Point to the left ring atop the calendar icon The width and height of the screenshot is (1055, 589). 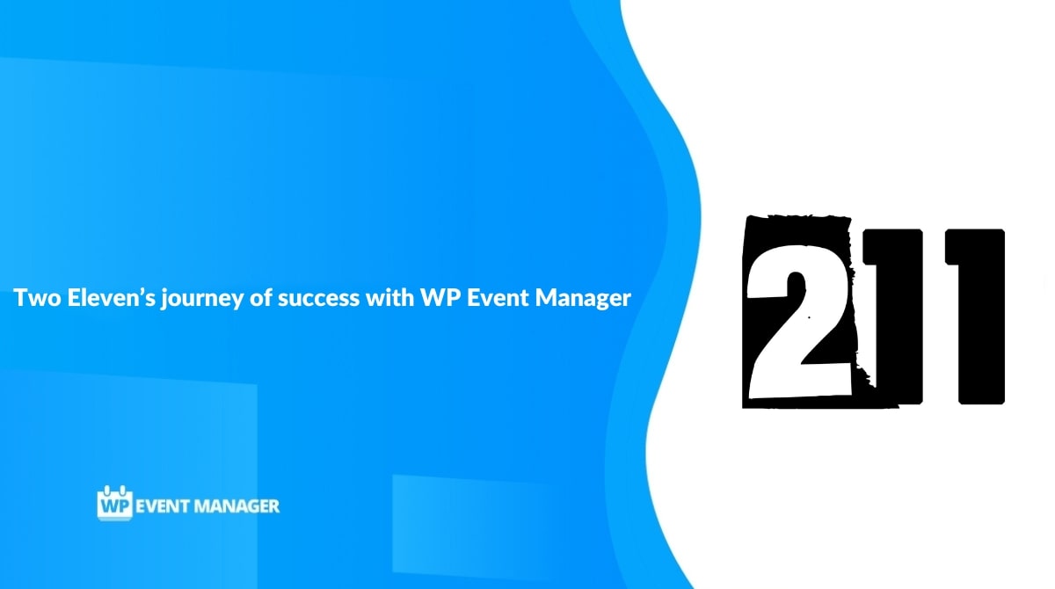(x=106, y=491)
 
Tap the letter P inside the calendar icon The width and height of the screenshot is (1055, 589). (x=123, y=506)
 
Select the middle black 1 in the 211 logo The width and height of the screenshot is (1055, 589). (x=893, y=316)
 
